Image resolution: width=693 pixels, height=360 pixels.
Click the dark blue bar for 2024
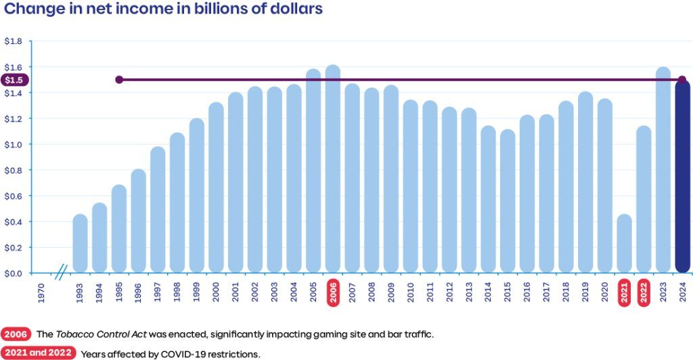click(x=682, y=177)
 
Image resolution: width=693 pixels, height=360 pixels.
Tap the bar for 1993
click(x=80, y=244)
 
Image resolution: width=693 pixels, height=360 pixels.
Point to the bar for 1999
click(x=196, y=196)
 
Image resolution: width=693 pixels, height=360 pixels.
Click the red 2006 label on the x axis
click(x=333, y=292)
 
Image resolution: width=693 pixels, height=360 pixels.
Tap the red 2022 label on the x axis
click(x=644, y=292)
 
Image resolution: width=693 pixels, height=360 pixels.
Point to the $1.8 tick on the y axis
click(x=13, y=41)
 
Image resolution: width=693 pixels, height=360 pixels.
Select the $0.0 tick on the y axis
click(x=13, y=273)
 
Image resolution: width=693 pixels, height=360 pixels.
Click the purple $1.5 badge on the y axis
click(x=14, y=80)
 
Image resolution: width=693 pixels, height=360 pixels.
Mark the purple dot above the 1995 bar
click(x=119, y=80)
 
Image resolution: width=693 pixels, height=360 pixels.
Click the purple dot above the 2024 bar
click(x=682, y=80)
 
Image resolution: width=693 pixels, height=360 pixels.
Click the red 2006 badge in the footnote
click(x=16, y=334)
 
